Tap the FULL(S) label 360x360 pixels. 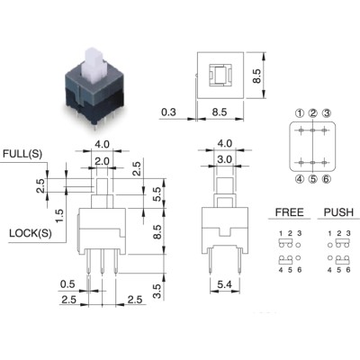(22, 154)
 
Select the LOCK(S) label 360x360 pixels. (31, 233)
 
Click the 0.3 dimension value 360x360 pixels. (168, 112)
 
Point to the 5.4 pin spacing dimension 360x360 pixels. (224, 284)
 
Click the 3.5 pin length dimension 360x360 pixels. (157, 292)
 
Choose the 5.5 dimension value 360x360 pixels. (157, 194)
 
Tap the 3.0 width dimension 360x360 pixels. (225, 159)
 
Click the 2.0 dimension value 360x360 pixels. (102, 161)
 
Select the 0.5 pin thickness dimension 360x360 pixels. (67, 283)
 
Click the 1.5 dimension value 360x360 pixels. (59, 216)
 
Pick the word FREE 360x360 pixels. (290, 212)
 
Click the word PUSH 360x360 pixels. (338, 212)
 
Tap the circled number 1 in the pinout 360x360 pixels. (300, 113)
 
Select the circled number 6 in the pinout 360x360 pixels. (327, 179)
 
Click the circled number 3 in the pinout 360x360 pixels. (327, 113)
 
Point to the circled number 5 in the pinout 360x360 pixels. (313, 179)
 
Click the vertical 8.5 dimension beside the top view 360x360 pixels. (256, 76)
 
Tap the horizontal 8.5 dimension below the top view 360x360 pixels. (220, 112)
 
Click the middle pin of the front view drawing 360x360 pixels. (103, 261)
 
